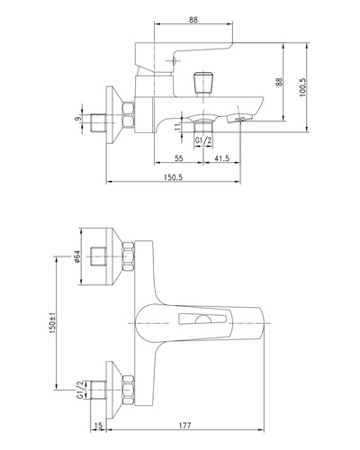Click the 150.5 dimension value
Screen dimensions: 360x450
173,177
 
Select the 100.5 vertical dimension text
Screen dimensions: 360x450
302,87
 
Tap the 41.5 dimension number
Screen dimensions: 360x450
221,158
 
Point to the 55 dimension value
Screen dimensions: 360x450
178,158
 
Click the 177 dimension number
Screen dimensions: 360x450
184,426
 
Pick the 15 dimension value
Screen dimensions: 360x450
98,426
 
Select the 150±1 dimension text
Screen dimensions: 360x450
52,323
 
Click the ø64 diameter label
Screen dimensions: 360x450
76,256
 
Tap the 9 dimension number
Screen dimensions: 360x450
78,119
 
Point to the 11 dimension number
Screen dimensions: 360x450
179,126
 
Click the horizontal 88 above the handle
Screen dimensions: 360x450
193,20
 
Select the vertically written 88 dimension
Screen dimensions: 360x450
279,82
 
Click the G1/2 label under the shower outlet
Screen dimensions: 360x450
203,140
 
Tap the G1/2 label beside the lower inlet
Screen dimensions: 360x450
80,390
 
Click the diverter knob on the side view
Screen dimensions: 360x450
203,83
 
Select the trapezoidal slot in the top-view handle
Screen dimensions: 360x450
202,319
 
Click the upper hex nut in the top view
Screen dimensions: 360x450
128,256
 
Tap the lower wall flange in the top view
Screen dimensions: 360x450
114,390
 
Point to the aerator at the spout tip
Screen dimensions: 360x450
238,118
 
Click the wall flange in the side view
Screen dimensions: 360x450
114,115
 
